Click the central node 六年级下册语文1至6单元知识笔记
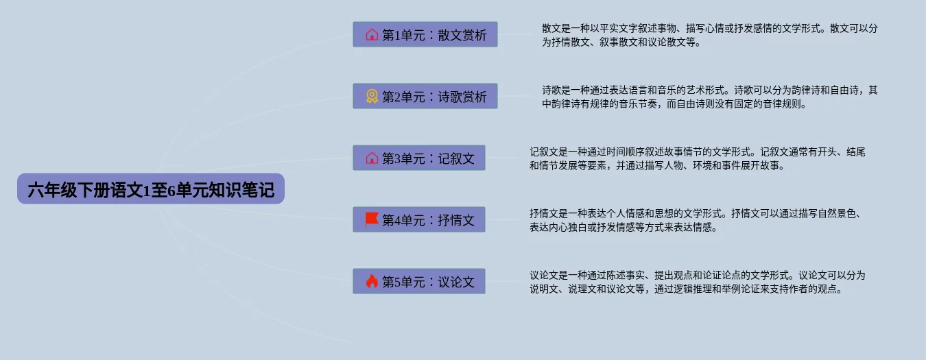tap(151, 189)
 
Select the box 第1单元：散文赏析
tap(425, 34)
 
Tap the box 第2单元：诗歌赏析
tap(425, 96)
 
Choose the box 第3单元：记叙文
tap(419, 158)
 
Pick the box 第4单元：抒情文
tap(419, 219)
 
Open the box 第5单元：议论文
tap(419, 281)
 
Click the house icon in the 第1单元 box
tap(372, 35)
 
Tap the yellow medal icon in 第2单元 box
tap(372, 96)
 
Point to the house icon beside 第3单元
tap(372, 158)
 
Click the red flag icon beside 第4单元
tap(372, 219)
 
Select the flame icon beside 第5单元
tap(372, 281)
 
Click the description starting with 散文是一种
tap(710, 35)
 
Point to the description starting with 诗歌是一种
tap(710, 97)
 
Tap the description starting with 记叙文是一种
tap(698, 158)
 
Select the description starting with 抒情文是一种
tap(696, 220)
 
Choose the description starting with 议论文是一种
tap(698, 282)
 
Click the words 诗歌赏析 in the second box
tap(462, 97)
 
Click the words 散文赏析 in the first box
tap(462, 35)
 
